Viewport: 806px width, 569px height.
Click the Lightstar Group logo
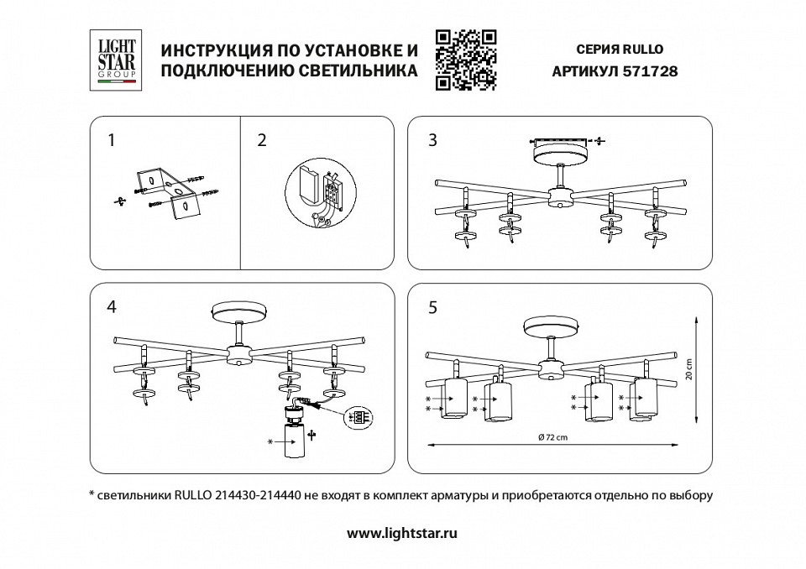pyautogui.click(x=115, y=60)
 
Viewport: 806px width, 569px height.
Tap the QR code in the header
pyautogui.click(x=467, y=60)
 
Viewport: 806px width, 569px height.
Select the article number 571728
pyautogui.click(x=648, y=72)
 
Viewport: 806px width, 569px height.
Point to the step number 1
pyautogui.click(x=111, y=141)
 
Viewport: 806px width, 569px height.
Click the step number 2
pyautogui.click(x=262, y=141)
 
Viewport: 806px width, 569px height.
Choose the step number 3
pyautogui.click(x=432, y=141)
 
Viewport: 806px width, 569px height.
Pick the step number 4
pyautogui.click(x=111, y=307)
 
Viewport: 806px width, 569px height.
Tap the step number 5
pyautogui.click(x=432, y=307)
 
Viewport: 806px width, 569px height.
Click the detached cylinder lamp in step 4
pyautogui.click(x=296, y=437)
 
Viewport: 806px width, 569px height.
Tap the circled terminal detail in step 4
pyautogui.click(x=359, y=416)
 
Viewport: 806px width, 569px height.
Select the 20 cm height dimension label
pyautogui.click(x=688, y=369)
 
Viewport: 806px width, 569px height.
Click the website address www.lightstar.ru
pyautogui.click(x=402, y=532)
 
